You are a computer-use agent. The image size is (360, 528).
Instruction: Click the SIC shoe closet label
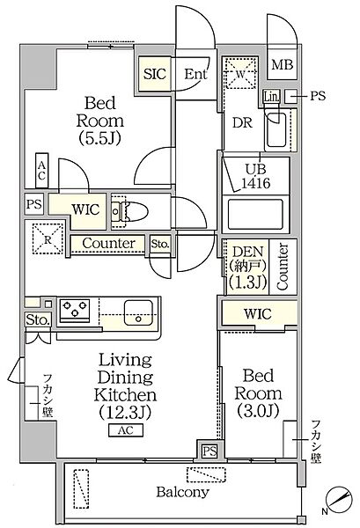pyautogui.click(x=155, y=74)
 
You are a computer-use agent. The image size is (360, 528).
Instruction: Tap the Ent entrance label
pyautogui.click(x=195, y=74)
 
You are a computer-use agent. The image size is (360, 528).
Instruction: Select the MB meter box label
pyautogui.click(x=283, y=64)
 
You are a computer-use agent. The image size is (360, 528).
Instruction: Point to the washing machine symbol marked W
pyautogui.click(x=240, y=74)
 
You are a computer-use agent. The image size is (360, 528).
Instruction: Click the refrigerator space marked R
pyautogui.click(x=48, y=238)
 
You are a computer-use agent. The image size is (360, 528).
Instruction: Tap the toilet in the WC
pyautogui.click(x=129, y=212)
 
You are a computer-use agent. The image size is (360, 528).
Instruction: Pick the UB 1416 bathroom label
pyautogui.click(x=256, y=176)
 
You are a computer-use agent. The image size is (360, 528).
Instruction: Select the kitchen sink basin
pyautogui.click(x=138, y=312)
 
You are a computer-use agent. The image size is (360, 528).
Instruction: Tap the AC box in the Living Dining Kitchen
pyautogui.click(x=126, y=430)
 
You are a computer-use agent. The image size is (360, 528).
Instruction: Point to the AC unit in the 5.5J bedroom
pyautogui.click(x=42, y=171)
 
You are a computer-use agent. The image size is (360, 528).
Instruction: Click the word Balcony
pyautogui.click(x=182, y=492)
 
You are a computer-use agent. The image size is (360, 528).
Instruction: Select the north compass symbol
pyautogui.click(x=339, y=498)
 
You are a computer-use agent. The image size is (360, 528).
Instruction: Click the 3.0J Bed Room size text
pyautogui.click(x=258, y=410)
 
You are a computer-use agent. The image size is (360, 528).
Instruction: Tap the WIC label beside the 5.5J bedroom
pyautogui.click(x=86, y=209)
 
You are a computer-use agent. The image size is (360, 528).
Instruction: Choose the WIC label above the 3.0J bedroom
pyautogui.click(x=258, y=314)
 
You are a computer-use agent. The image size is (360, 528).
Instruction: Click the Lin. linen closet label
pyautogui.click(x=271, y=97)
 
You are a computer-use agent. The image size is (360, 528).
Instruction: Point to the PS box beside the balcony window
pyautogui.click(x=209, y=451)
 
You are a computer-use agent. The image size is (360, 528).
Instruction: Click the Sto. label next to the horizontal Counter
pyautogui.click(x=160, y=244)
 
